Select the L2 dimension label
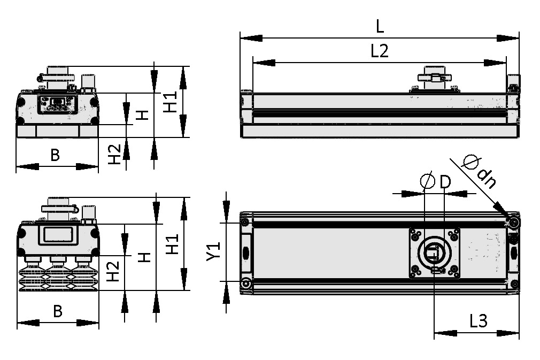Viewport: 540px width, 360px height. [x=379, y=51]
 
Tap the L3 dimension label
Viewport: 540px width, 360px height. [x=478, y=321]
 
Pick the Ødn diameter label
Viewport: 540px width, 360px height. [x=479, y=171]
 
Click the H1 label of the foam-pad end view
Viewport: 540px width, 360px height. [x=170, y=102]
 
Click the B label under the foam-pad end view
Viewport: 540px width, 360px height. [x=55, y=155]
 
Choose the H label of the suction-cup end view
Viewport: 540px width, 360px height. [x=144, y=258]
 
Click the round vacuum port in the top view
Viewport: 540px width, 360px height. [x=434, y=252]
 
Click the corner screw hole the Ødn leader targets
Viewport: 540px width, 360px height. [x=514, y=221]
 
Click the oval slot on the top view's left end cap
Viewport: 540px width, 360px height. [x=246, y=252]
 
